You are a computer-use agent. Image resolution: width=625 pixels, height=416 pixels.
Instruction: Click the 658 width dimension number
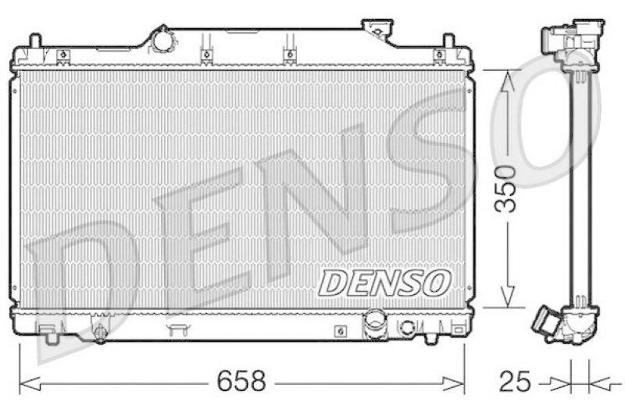(x=241, y=381)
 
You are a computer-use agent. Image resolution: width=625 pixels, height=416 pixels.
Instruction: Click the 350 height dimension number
(x=505, y=188)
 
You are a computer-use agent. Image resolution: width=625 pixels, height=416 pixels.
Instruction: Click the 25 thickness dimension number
(x=515, y=382)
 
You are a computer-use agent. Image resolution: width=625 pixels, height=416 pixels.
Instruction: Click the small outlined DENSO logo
(x=384, y=283)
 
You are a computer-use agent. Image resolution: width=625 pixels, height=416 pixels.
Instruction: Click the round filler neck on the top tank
(x=162, y=41)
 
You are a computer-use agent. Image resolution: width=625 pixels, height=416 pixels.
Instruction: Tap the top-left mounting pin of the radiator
(x=35, y=41)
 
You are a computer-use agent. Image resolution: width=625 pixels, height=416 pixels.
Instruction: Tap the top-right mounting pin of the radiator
(x=448, y=41)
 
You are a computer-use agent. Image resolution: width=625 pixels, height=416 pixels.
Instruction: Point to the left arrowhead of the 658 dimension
(x=30, y=383)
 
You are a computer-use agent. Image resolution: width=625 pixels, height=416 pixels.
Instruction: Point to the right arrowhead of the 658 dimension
(x=454, y=383)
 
